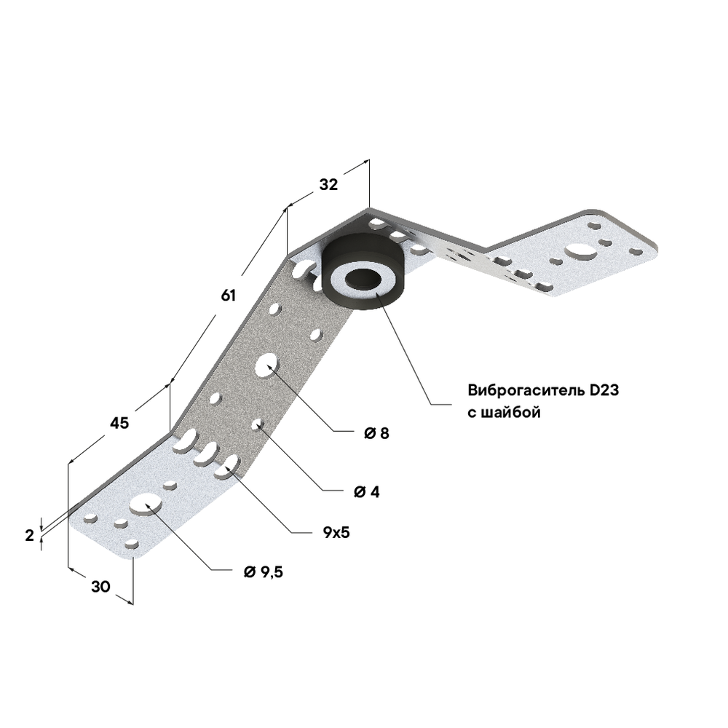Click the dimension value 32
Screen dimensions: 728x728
(328, 185)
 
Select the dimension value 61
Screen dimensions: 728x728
(229, 295)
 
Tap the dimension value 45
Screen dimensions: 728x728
(119, 423)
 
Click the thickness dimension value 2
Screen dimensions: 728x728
(30, 535)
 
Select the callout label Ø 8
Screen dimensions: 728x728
(377, 433)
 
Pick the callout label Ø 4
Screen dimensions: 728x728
(367, 491)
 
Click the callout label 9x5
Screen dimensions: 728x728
(336, 532)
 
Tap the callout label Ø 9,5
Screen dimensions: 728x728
(264, 572)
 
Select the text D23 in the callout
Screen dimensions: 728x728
(604, 389)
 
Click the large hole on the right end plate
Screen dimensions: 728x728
(579, 250)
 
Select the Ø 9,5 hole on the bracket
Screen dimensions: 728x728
(146, 504)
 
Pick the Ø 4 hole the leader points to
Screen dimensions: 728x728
(257, 424)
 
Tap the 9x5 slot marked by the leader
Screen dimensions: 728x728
(230, 464)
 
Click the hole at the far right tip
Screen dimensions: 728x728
(636, 251)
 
